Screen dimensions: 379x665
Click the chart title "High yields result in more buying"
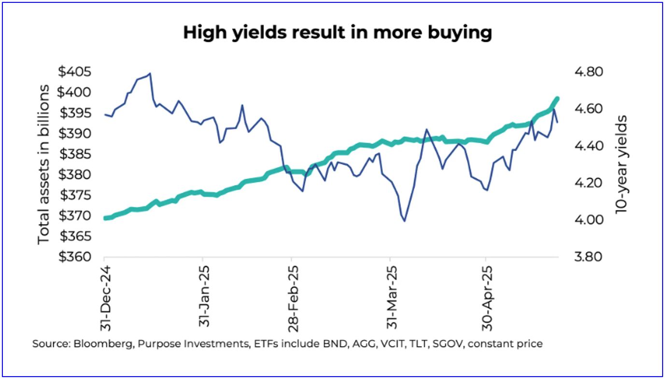[x=337, y=33]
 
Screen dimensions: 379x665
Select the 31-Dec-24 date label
[x=106, y=297]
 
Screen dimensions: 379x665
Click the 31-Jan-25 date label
[x=204, y=296]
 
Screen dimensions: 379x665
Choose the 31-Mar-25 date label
[x=391, y=296]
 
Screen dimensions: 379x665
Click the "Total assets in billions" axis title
[x=44, y=164]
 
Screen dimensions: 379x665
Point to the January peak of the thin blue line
[x=150, y=74]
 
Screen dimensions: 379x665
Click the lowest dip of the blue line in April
[x=404, y=221]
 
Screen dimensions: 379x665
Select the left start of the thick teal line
[x=106, y=218]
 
